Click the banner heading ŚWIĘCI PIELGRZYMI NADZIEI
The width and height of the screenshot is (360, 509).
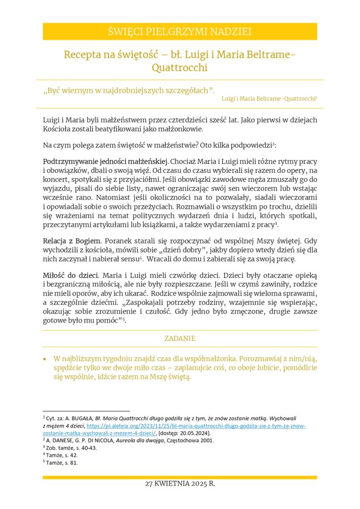click(x=180, y=32)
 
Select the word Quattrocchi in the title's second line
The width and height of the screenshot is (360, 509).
click(x=180, y=68)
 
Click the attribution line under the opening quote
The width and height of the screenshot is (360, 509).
click(x=269, y=99)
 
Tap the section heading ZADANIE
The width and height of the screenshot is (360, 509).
click(x=180, y=339)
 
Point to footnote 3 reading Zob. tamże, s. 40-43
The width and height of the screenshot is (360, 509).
click(x=70, y=448)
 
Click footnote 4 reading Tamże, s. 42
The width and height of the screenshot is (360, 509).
click(x=61, y=455)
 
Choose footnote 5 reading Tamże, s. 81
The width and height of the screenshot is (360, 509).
click(x=61, y=462)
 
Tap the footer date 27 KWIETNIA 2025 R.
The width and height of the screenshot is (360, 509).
click(x=180, y=484)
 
